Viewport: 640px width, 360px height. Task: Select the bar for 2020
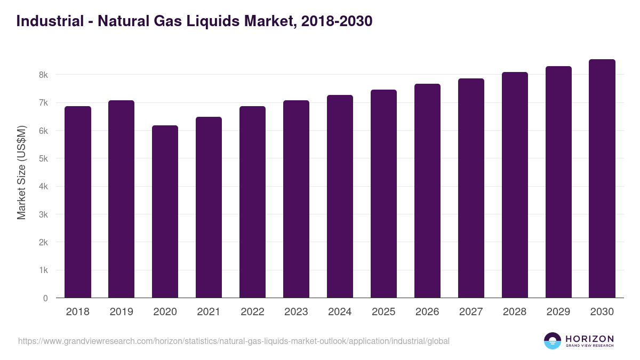tap(165, 212)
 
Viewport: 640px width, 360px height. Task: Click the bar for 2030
tap(602, 179)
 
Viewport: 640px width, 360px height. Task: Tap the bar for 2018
tap(78, 202)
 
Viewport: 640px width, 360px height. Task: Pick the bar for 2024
tap(340, 196)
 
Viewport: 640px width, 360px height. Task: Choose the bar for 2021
tap(209, 207)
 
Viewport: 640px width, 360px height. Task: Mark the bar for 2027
tap(471, 188)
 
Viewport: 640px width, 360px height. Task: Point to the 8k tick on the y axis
tap(43, 75)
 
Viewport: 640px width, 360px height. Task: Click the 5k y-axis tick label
tap(43, 158)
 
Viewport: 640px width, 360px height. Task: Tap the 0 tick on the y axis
tap(45, 298)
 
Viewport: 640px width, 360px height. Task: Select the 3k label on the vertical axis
tap(43, 214)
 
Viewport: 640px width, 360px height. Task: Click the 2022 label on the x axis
tap(252, 312)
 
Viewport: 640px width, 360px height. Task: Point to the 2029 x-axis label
tap(558, 312)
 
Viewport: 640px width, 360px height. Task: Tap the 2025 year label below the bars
tap(383, 312)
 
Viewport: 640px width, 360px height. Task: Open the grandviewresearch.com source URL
tap(234, 341)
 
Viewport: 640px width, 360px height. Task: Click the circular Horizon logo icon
tap(553, 341)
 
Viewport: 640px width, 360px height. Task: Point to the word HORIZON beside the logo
tap(589, 339)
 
